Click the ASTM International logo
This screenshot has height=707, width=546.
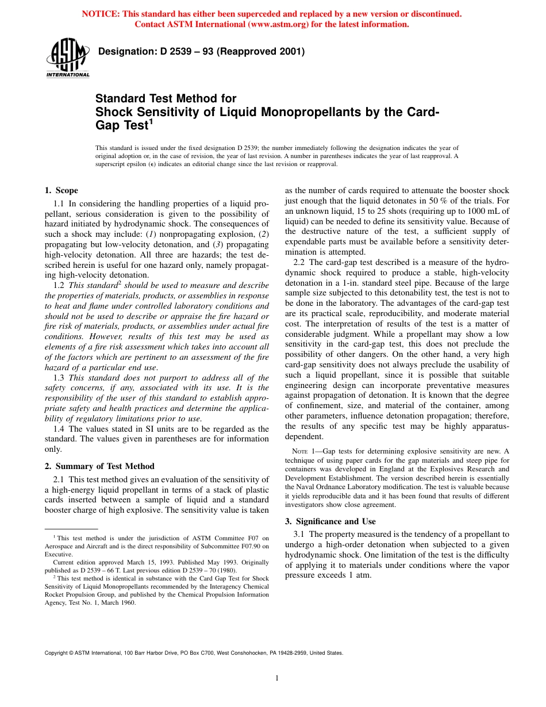click(x=67, y=57)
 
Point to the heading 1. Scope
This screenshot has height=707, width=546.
click(x=61, y=190)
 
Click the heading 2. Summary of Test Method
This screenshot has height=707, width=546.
click(x=99, y=466)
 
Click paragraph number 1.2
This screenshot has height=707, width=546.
click(x=59, y=285)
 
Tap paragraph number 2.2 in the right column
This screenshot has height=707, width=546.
click(x=299, y=262)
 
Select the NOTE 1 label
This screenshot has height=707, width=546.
click(x=301, y=451)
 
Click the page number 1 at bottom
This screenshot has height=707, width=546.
click(x=277, y=678)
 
